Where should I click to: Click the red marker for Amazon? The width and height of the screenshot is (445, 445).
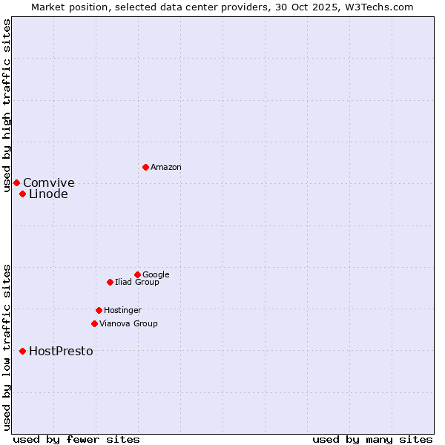point(145,167)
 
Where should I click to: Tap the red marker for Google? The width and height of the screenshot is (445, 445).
point(137,274)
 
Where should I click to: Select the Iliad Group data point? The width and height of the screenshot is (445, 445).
point(110,282)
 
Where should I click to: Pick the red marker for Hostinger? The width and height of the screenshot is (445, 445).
point(99,310)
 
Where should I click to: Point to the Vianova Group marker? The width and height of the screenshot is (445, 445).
point(94,323)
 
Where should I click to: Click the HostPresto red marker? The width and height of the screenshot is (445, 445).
point(22,351)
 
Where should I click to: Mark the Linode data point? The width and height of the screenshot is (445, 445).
point(22,194)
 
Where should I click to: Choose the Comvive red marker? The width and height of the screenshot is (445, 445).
point(16,182)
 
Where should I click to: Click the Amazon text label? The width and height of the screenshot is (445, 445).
point(166,168)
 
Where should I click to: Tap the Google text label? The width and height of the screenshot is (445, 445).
point(156,275)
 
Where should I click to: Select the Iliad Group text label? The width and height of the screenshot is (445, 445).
point(136,283)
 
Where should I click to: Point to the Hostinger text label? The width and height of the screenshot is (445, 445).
point(122,311)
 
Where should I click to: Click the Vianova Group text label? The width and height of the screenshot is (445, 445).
point(128,324)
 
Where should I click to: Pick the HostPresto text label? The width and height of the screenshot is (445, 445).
point(61,352)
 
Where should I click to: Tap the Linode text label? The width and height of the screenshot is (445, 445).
point(48,194)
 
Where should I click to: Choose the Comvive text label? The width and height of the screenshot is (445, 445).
point(49,183)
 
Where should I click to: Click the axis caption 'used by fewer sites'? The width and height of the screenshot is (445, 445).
point(76,439)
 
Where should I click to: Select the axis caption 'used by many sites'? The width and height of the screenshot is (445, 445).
point(372,439)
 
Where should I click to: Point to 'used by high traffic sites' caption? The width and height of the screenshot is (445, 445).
point(7,105)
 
